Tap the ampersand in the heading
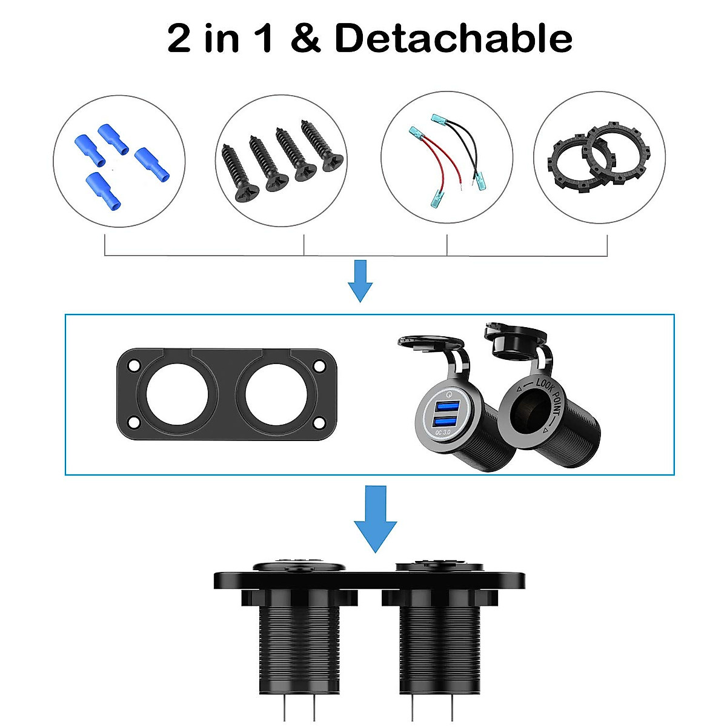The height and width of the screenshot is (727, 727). pos(305,39)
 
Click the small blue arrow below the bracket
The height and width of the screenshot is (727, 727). pos(360,281)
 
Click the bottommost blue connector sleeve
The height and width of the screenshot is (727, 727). pos(102,189)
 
